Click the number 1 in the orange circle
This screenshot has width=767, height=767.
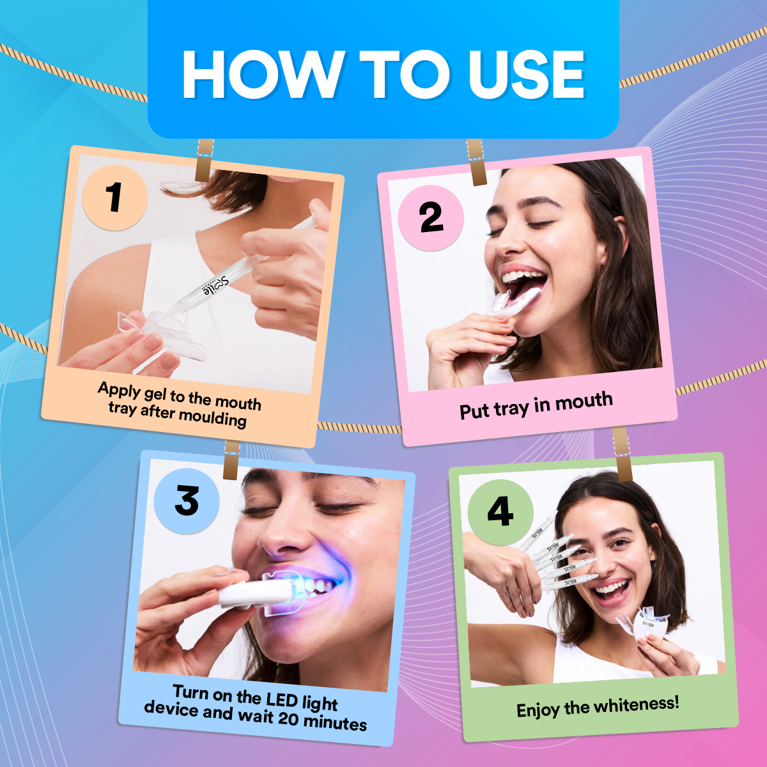coord(115,197)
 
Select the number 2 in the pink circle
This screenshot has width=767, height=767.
coord(431,218)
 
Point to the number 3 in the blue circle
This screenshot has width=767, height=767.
coord(187,501)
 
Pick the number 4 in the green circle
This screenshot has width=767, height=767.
coord(500,512)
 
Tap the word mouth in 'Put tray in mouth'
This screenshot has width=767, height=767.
coord(584,401)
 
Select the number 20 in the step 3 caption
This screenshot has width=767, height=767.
coord(288,718)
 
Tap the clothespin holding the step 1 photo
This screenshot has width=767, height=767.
coord(205,160)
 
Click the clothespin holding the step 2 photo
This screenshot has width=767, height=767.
coord(476,162)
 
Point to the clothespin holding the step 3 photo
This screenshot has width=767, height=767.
coord(231,459)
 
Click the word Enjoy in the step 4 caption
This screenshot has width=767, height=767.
coord(538,710)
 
